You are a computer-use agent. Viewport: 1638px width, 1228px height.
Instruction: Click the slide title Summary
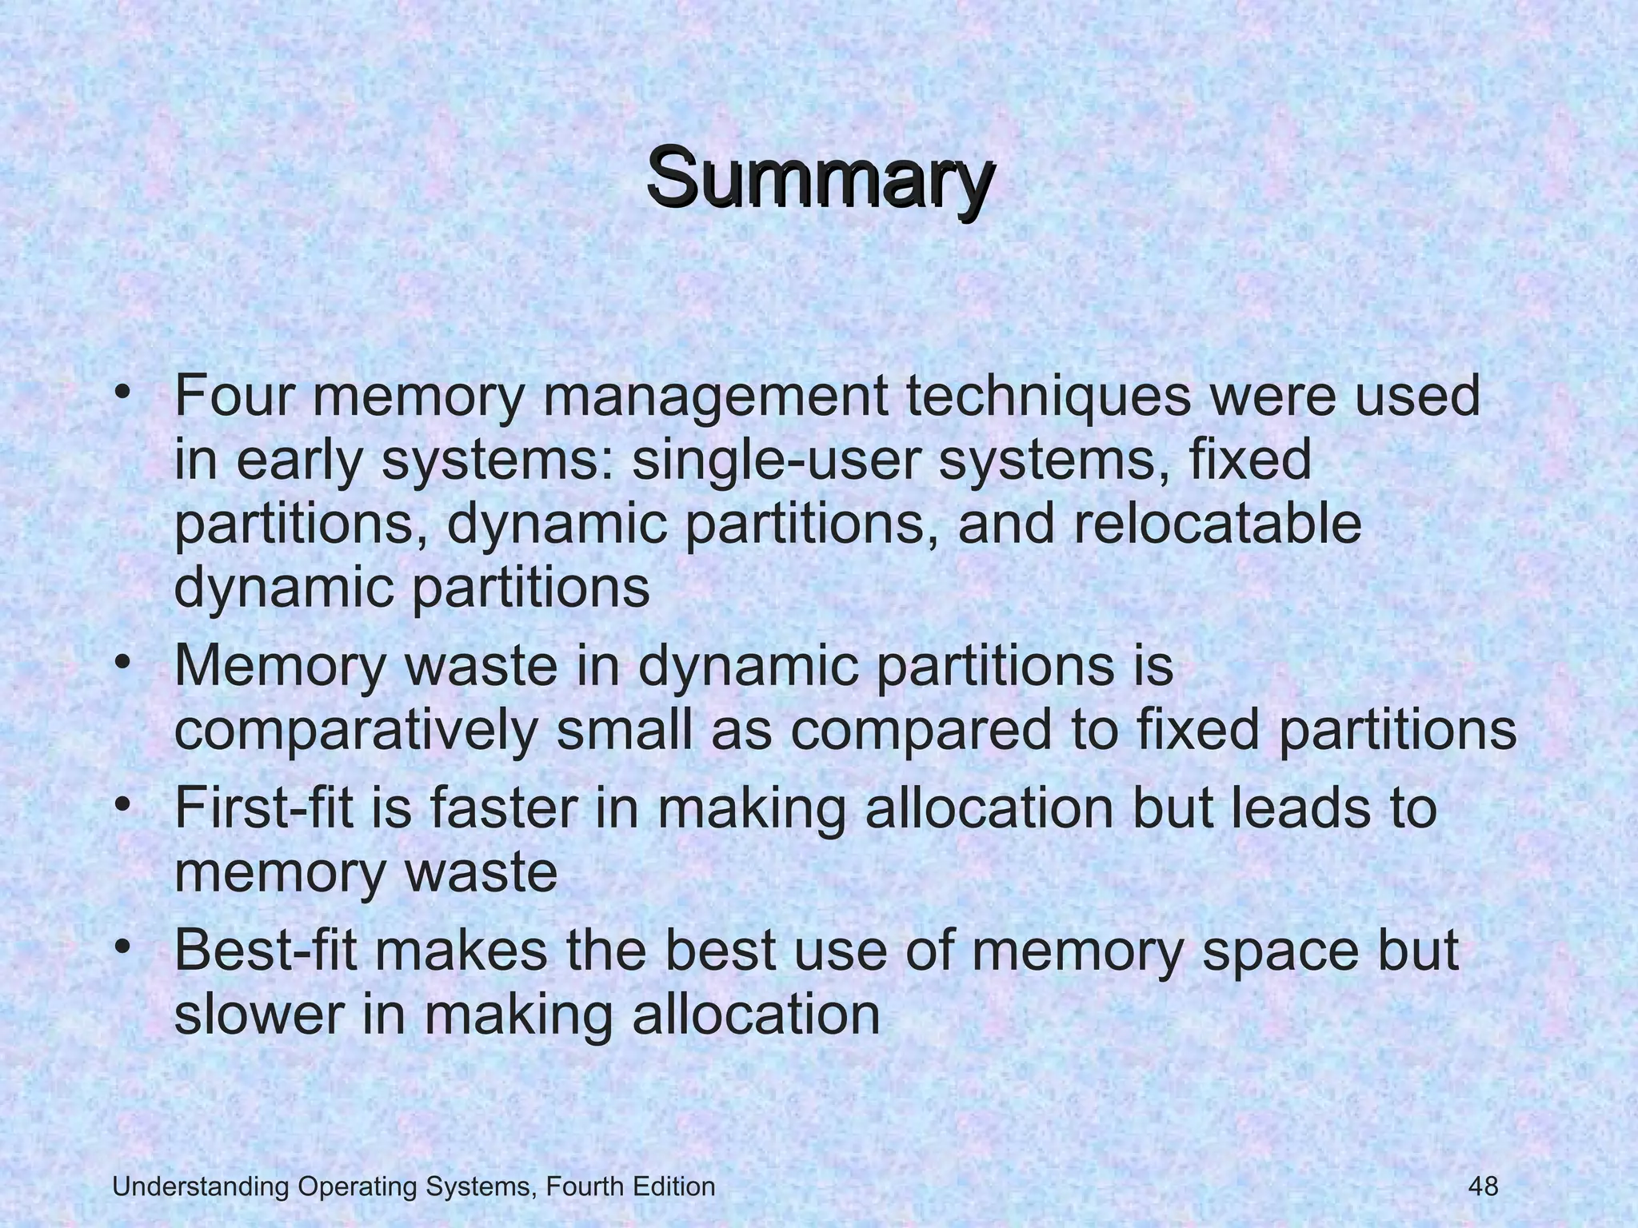point(821,177)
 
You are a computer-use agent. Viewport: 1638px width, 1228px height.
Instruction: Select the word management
point(717,397)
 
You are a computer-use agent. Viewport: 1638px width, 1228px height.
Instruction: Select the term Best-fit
point(266,951)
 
